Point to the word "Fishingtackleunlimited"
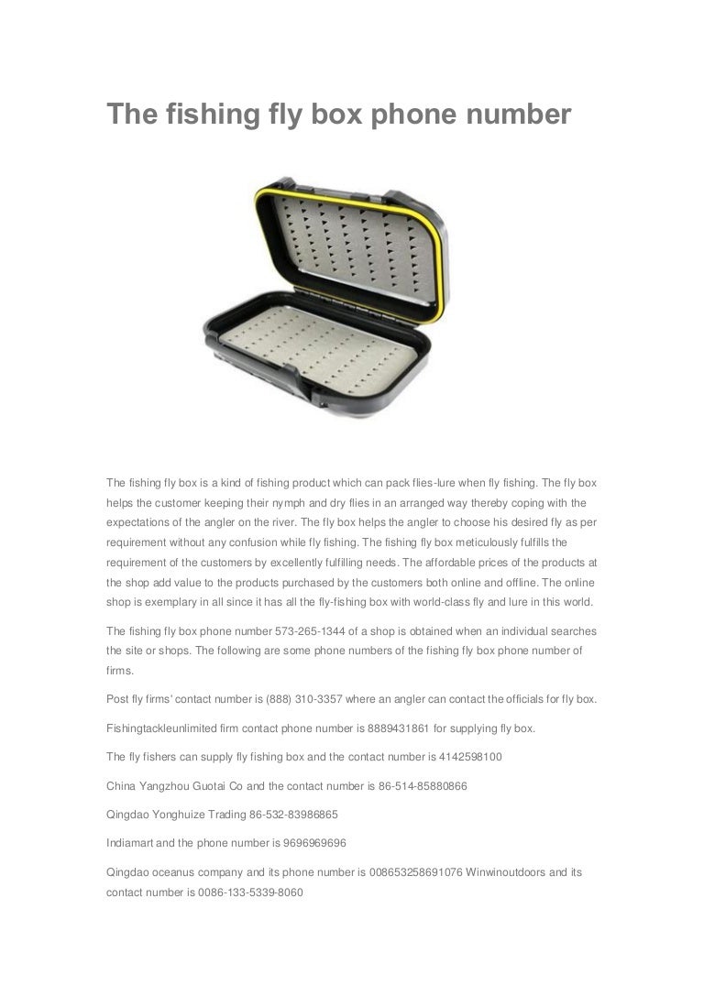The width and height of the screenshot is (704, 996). click(165, 728)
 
